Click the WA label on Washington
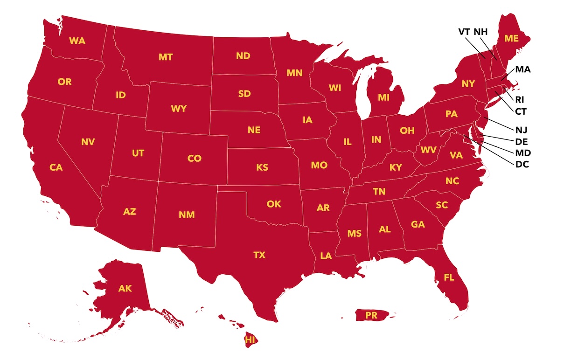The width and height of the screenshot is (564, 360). click(x=77, y=41)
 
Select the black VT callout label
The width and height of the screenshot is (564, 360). click(x=464, y=32)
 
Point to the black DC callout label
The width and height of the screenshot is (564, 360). click(x=522, y=164)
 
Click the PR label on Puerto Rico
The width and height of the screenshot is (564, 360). click(x=371, y=316)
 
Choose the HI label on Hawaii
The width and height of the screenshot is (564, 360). click(x=251, y=339)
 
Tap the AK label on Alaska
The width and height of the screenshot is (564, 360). click(x=125, y=289)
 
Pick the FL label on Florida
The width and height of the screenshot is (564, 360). click(x=449, y=277)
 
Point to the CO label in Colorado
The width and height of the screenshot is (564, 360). click(x=194, y=159)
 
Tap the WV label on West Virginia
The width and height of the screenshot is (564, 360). click(x=428, y=150)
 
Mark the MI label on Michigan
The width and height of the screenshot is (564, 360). click(x=383, y=97)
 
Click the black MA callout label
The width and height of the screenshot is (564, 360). click(x=523, y=69)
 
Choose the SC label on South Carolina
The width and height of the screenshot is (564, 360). click(x=441, y=205)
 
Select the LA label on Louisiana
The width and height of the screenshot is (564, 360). click(x=326, y=256)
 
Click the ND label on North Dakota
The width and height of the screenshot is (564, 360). click(x=243, y=56)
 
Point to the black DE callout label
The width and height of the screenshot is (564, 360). click(x=522, y=141)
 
